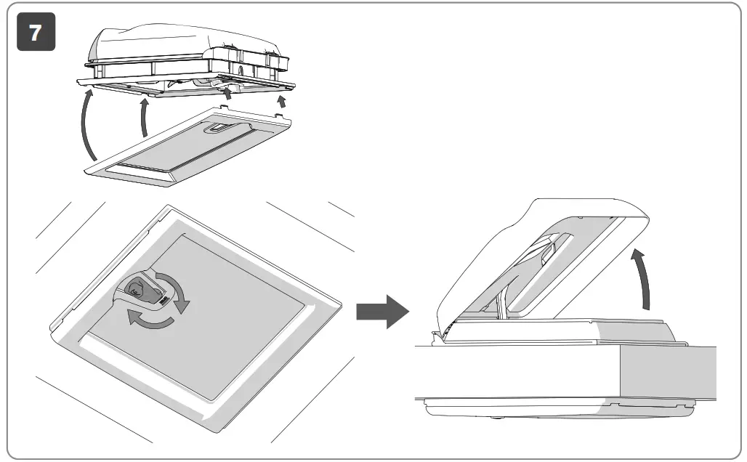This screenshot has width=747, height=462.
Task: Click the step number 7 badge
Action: [x=36, y=33]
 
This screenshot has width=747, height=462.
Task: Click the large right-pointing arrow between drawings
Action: [x=382, y=311]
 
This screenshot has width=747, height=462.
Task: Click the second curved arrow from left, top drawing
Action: [x=144, y=118]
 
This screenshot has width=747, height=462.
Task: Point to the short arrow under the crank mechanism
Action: [x=230, y=93]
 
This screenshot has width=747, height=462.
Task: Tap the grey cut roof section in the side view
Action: [x=667, y=373]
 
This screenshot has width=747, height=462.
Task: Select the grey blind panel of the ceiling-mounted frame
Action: [x=203, y=312]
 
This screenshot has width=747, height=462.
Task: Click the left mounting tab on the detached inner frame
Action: [x=221, y=109]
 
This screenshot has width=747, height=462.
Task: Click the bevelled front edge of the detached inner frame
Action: [x=138, y=175]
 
